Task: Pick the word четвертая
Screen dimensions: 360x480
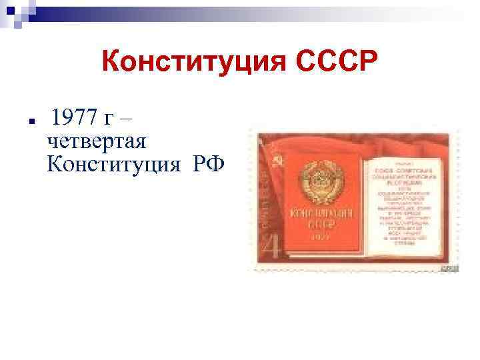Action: tap(97, 141)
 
